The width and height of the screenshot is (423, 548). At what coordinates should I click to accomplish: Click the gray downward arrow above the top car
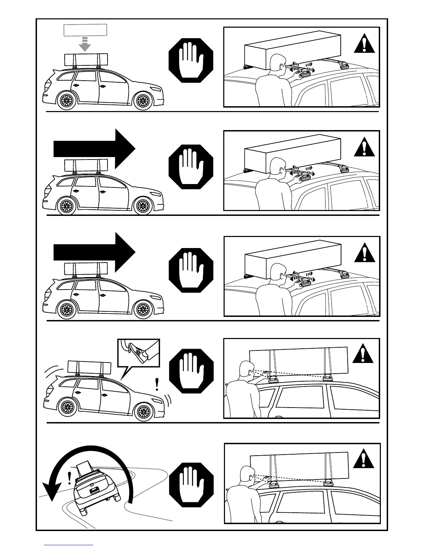coord(85,44)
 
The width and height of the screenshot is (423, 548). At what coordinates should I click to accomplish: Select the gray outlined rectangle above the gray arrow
coord(85,30)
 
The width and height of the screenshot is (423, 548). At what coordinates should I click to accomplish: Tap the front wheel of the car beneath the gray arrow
coord(142,101)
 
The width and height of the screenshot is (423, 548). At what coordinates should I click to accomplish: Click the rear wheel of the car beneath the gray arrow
coord(66,101)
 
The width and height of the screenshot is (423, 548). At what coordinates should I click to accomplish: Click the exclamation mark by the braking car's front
coord(157,384)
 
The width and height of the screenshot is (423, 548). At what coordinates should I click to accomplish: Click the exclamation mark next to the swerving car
coord(70,478)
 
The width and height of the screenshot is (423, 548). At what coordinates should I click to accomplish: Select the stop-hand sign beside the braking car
coord(191,371)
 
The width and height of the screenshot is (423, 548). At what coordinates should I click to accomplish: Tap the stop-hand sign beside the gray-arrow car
coord(191,60)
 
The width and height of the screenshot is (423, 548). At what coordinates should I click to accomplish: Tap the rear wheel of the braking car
coord(66,411)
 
